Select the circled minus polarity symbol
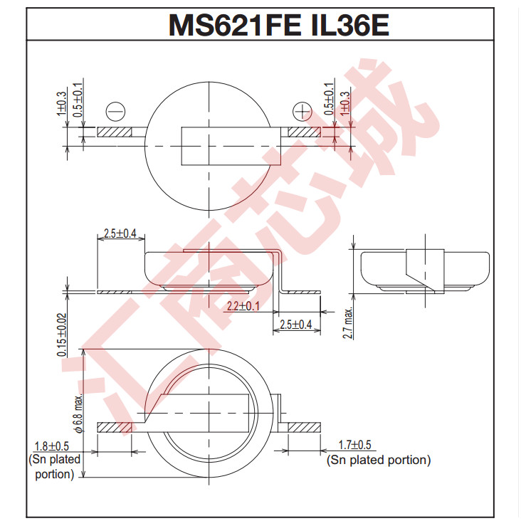(115, 112)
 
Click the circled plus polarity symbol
(302, 112)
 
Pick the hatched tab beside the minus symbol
(115, 132)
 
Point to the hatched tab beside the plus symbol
(305, 132)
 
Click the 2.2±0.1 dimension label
(243, 306)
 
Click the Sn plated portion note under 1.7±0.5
(379, 460)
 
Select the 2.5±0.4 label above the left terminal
(120, 233)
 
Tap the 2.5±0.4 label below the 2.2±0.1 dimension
(296, 325)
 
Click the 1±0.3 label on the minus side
(62, 104)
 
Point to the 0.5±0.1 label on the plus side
(329, 99)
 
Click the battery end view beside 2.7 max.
(424, 271)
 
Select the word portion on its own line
(55, 474)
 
